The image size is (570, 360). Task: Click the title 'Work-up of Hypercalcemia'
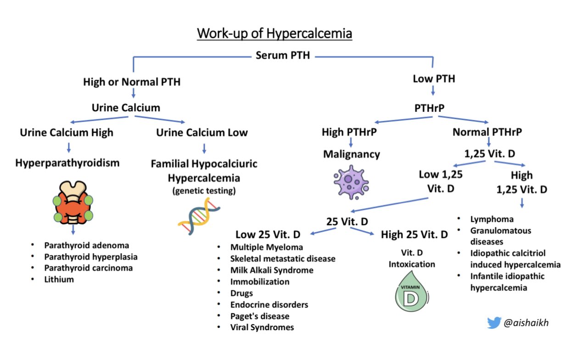click(274, 34)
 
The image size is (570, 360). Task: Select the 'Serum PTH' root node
click(282, 56)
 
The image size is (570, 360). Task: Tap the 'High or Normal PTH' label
click(132, 83)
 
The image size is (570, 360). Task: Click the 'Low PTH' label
click(434, 78)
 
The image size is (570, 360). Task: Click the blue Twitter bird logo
click(493, 323)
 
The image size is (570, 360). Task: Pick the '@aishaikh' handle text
click(525, 323)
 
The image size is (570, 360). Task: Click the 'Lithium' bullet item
click(59, 279)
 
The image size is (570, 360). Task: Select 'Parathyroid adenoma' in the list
click(87, 245)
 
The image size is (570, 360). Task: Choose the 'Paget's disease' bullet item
click(260, 316)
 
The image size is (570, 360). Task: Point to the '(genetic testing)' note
click(204, 191)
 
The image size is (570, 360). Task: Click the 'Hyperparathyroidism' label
click(67, 163)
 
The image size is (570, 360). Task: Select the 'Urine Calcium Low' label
click(202, 133)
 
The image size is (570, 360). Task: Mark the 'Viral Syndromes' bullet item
click(262, 327)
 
